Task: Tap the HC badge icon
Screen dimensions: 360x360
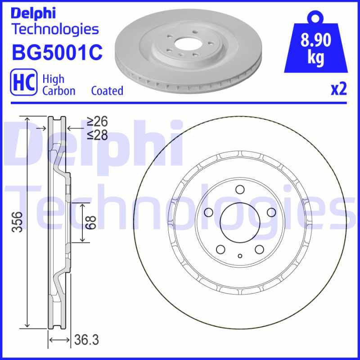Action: (x=23, y=83)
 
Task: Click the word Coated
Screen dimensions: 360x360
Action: (x=107, y=90)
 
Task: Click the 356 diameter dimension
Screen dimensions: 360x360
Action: (x=17, y=221)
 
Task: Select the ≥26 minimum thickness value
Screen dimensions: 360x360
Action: (x=97, y=121)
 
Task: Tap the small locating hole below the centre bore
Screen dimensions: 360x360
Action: (x=240, y=256)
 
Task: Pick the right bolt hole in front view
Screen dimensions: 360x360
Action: (x=271, y=212)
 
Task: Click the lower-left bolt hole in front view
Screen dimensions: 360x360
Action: (x=220, y=249)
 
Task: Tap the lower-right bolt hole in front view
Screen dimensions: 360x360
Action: (x=259, y=249)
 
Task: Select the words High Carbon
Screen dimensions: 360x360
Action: (x=58, y=85)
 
